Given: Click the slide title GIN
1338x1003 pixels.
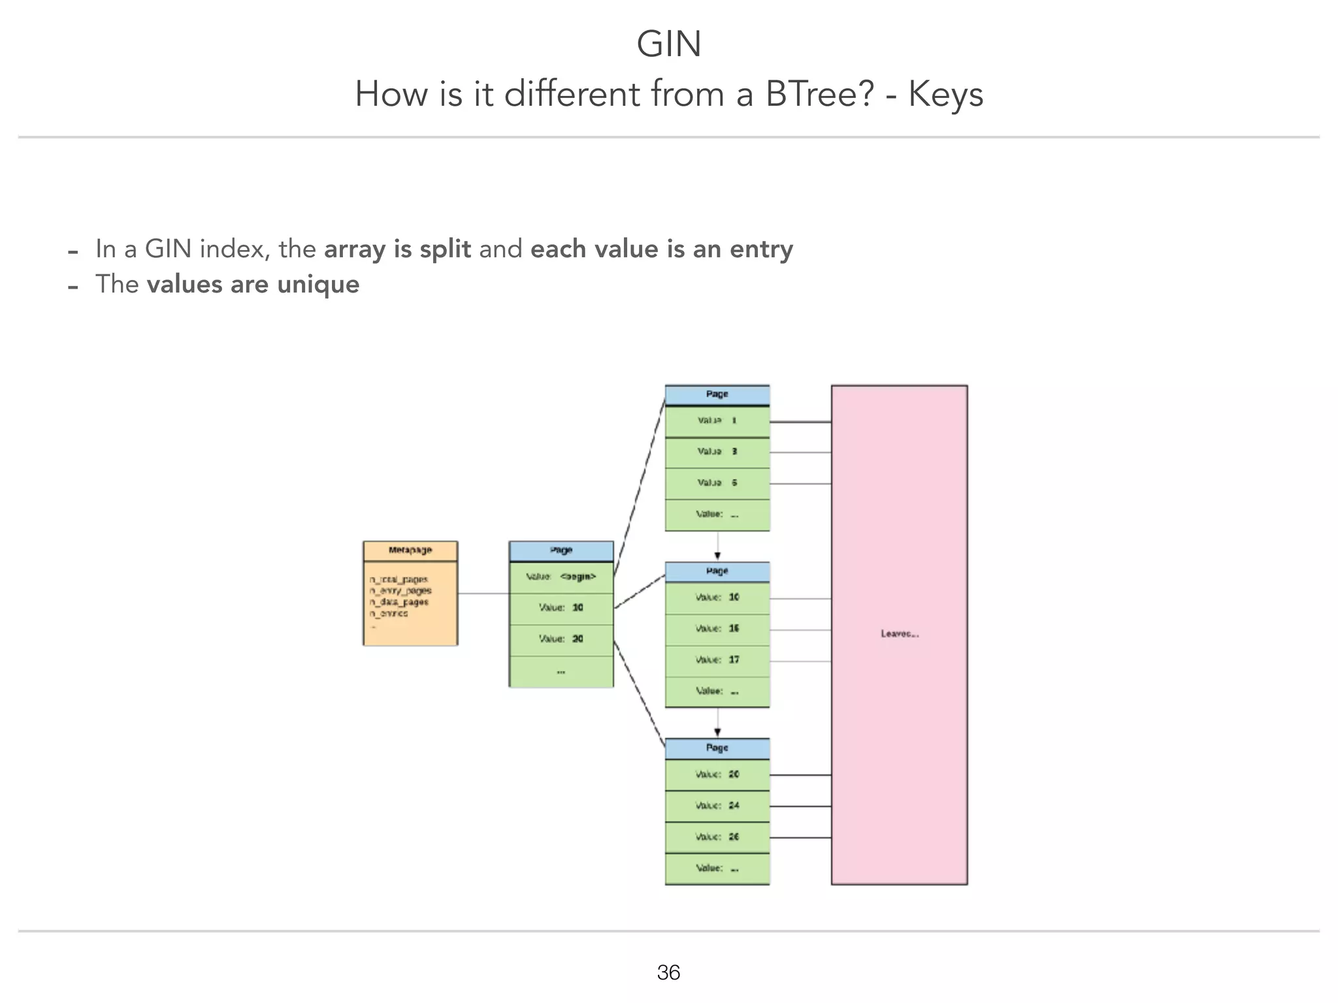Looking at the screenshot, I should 668,44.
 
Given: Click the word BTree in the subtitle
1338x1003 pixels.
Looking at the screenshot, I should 819,94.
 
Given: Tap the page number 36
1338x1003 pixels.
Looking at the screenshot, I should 668,972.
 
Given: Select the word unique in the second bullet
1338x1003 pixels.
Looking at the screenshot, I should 318,285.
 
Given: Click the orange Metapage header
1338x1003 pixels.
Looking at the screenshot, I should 410,550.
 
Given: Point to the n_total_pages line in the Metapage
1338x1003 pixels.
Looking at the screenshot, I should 399,579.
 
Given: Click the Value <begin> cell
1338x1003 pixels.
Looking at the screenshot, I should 561,577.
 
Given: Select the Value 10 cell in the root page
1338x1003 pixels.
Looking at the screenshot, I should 561,608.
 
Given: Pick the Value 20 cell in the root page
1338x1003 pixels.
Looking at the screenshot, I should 561,639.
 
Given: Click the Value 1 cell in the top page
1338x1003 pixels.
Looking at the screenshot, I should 717,421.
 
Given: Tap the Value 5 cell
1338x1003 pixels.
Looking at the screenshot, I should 717,483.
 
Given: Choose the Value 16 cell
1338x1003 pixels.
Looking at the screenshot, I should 717,629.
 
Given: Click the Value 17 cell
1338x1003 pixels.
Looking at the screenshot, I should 717,660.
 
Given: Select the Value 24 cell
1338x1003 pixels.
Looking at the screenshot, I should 717,806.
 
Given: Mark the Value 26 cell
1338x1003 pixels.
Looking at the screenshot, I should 717,837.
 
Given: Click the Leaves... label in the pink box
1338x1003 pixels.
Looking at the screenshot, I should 900,634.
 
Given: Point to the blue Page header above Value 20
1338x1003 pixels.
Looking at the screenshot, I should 717,748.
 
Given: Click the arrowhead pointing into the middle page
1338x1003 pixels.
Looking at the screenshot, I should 717,556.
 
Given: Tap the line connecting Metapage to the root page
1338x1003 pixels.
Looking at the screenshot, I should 483,594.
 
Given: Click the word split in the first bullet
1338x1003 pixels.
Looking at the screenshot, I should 445,249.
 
